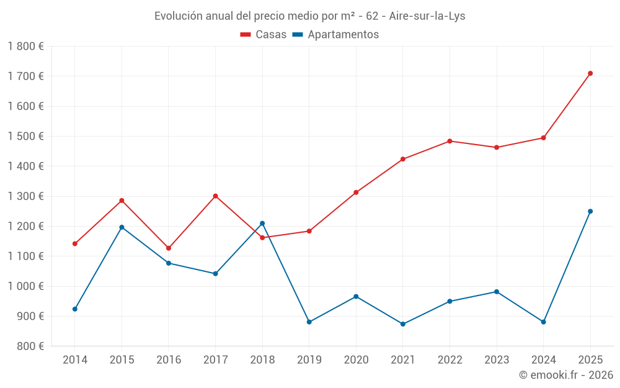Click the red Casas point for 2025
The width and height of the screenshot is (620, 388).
pos(590,73)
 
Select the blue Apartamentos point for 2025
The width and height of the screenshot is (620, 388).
pos(590,211)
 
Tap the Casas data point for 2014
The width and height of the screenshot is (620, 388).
pos(75,243)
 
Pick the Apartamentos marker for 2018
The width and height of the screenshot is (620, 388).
pos(262,223)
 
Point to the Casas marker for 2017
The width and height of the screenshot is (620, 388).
pos(215,196)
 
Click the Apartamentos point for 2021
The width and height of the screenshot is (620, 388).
pos(403,324)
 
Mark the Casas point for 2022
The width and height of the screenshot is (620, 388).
pos(449,141)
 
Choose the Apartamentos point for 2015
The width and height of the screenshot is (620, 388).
pos(122,227)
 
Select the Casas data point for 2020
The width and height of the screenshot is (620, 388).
pos(356,192)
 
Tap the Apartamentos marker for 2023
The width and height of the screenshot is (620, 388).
pos(497,292)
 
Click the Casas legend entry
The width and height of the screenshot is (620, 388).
pos(263,35)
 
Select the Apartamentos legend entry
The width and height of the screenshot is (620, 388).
pos(335,35)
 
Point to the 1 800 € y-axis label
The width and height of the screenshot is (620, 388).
pos(26,47)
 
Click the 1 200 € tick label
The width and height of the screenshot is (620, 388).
pos(26,227)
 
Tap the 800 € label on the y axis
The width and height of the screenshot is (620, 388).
pos(30,346)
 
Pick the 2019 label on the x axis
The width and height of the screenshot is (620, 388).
pos(309,359)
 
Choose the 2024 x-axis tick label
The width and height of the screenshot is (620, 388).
pos(544,359)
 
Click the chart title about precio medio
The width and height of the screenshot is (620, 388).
pos(310,16)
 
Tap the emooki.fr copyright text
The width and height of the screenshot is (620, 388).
pos(565,375)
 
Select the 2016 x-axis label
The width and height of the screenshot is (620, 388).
pos(169,359)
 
